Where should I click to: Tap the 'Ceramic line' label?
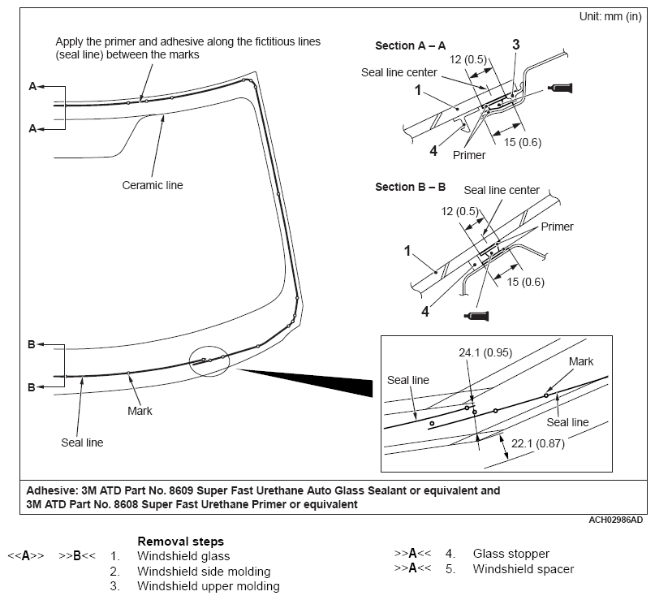pos(153,185)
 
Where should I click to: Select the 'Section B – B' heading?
pos(410,187)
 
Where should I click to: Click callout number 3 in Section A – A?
pos(515,45)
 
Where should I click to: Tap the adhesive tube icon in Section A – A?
pos(561,88)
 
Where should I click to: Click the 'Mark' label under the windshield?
pos(140,411)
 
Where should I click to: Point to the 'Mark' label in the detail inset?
pos(581,361)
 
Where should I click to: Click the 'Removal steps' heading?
pos(180,541)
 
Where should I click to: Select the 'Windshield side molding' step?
pos(204,572)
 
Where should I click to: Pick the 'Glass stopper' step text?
pos(511,554)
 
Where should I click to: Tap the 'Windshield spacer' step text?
pos(524,569)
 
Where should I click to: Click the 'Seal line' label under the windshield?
pos(82,442)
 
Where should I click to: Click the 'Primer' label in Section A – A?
pos(470,155)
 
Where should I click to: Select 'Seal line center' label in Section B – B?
pos(502,190)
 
